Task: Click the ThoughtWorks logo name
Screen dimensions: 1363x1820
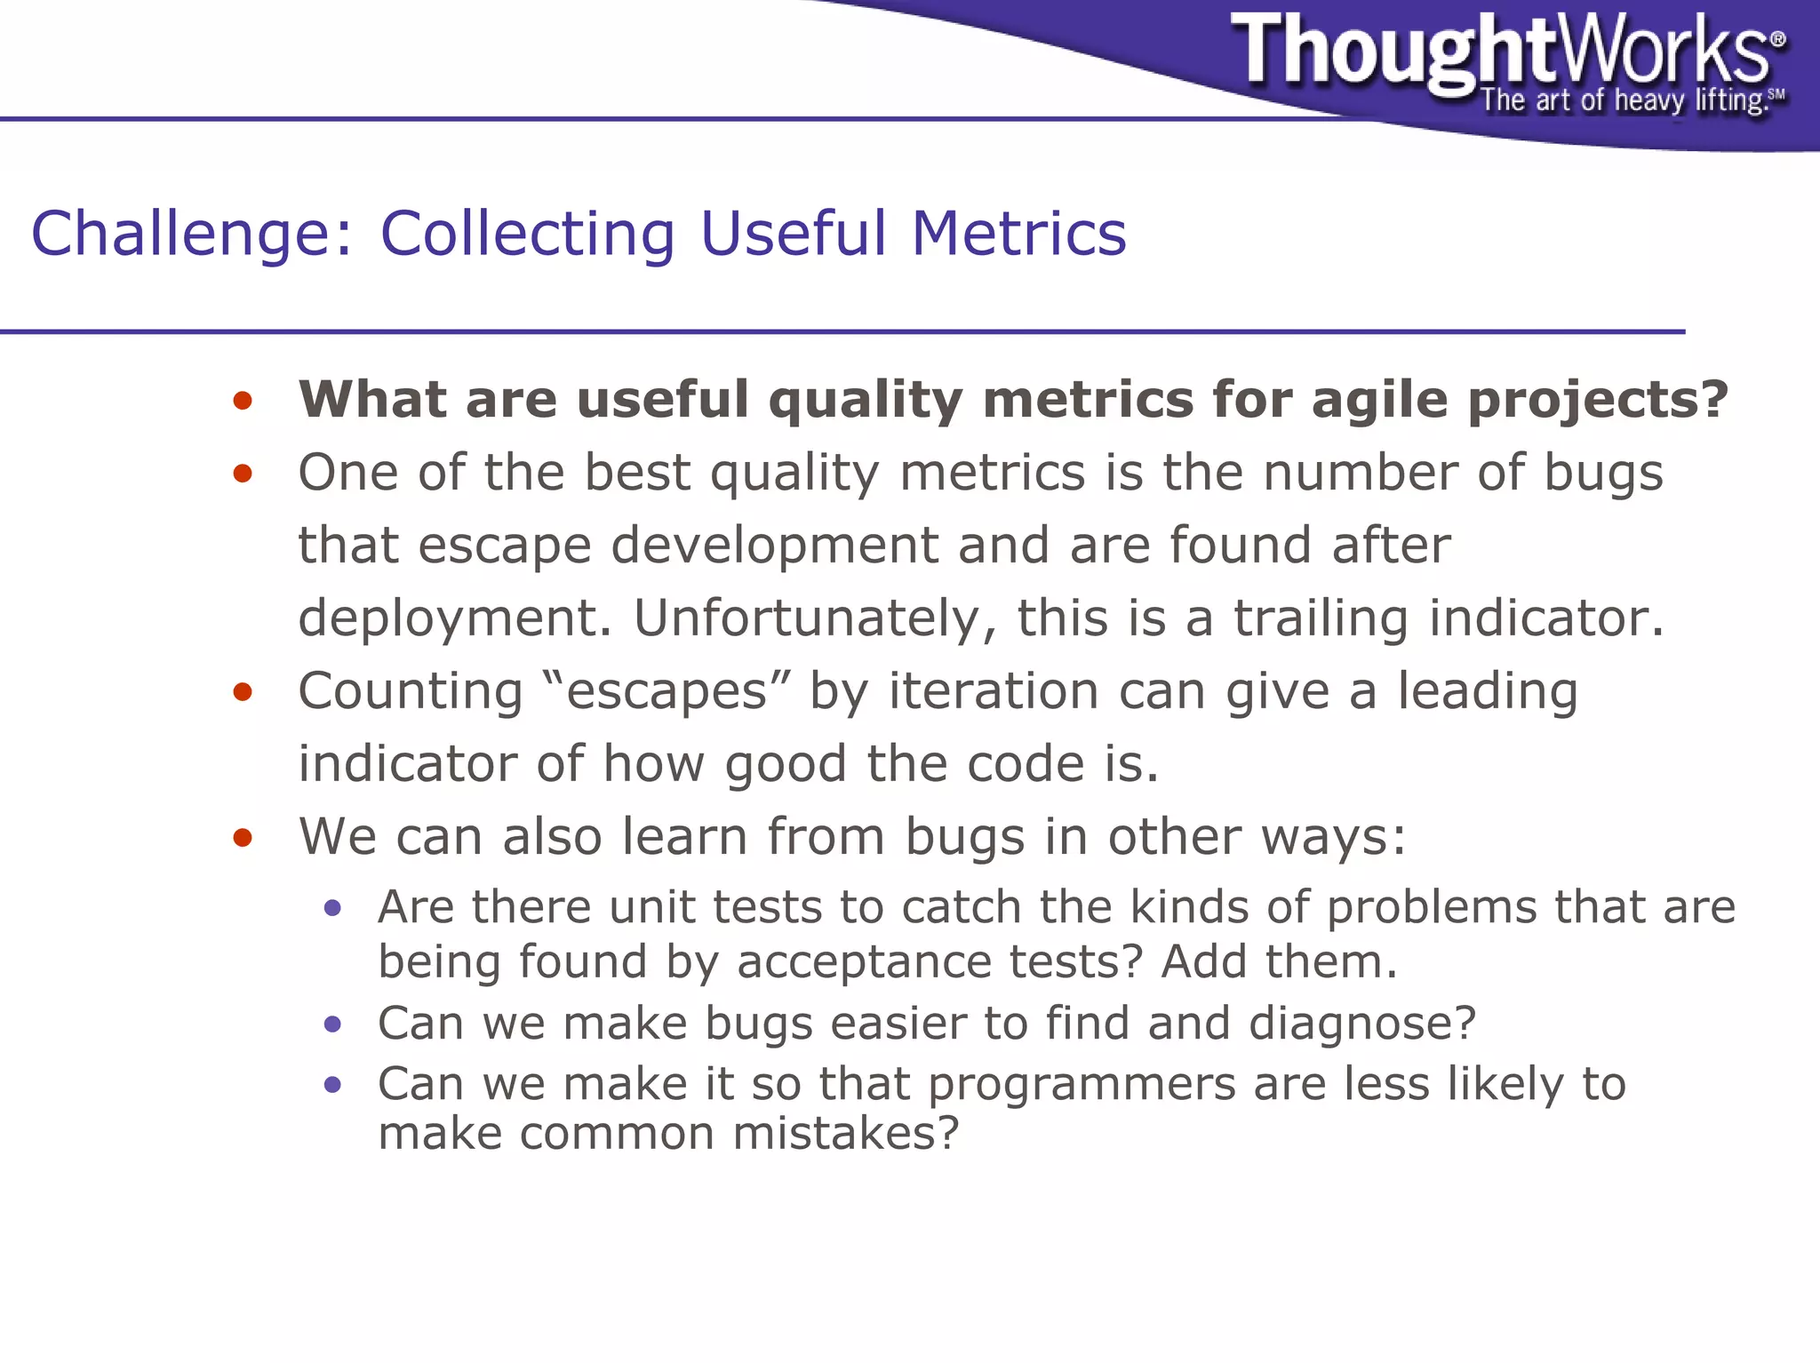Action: pyautogui.click(x=1502, y=51)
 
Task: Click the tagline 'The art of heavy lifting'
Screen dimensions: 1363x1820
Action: pyautogui.click(x=1622, y=100)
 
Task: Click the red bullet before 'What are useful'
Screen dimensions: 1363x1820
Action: pyautogui.click(x=243, y=401)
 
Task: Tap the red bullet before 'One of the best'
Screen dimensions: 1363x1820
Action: pyautogui.click(x=243, y=474)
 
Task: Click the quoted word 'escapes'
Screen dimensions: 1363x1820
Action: pyautogui.click(x=667, y=691)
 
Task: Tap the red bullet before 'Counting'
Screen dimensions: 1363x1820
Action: pyautogui.click(x=243, y=692)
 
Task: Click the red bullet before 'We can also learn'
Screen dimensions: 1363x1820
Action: pyautogui.click(x=243, y=838)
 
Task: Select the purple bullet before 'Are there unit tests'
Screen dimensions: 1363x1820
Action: pyautogui.click(x=332, y=908)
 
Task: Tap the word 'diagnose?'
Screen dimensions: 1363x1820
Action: pyautogui.click(x=1361, y=1024)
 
